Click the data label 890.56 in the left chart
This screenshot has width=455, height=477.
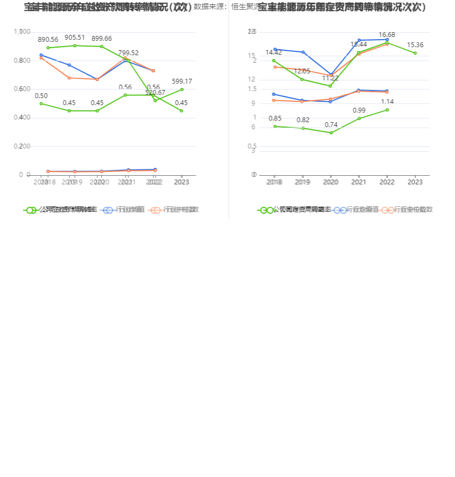48,40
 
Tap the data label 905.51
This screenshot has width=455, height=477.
74,38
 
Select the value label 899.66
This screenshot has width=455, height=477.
102,39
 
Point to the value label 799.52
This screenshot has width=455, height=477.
128,53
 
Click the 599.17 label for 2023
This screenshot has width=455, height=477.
182,81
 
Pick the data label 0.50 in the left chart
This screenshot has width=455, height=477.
41,96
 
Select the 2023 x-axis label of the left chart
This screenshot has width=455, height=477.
181,182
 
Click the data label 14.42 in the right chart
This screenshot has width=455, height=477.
274,53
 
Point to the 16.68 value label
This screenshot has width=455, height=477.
386,35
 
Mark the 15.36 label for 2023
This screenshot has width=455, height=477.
415,45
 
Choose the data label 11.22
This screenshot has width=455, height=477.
330,78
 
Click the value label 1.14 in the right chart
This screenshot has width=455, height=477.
387,102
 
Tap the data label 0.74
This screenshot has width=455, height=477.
331,125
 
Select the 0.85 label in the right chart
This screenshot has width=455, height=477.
275,118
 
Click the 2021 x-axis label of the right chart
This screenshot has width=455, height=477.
359,182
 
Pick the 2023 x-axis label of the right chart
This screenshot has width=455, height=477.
415,182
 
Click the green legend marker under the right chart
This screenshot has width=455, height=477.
266,210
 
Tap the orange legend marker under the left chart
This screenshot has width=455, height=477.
155,210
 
